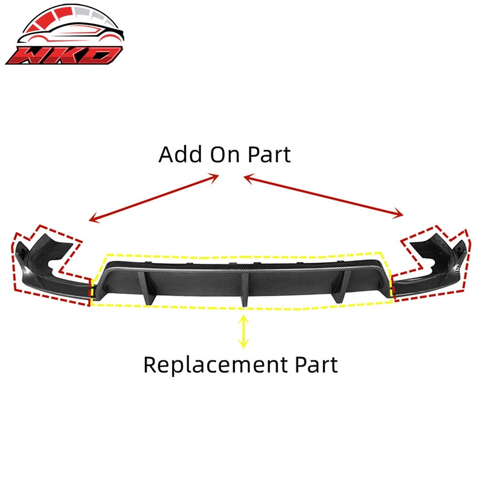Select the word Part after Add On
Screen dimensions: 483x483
tap(269, 155)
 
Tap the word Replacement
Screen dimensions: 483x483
tap(216, 365)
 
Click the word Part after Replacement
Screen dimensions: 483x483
tap(316, 365)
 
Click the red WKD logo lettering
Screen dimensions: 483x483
tap(64, 56)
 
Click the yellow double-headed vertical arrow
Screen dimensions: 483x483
tap(243, 331)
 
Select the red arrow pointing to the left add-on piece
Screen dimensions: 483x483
tap(154, 198)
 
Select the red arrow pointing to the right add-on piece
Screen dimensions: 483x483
tap(324, 196)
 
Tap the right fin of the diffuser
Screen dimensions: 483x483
tap(341, 286)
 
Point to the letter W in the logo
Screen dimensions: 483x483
tap(29, 56)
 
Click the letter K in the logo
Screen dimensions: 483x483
tap(66, 56)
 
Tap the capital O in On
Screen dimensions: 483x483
tap(218, 155)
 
